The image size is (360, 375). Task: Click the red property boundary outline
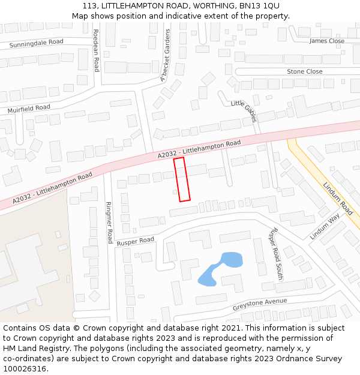182,179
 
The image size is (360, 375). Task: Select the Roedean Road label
95,50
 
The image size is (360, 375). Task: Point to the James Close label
327,41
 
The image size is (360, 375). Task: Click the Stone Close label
304,71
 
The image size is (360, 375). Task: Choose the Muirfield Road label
28,109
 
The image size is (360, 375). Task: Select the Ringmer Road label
109,222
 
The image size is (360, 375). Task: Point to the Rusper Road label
135,241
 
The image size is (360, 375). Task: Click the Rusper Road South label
276,245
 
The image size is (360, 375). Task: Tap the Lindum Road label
338,199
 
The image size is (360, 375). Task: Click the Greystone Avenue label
260,304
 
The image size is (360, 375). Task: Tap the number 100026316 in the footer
25,368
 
